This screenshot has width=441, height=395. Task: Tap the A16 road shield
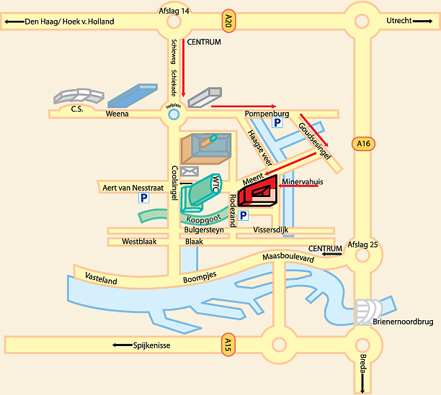(364, 144)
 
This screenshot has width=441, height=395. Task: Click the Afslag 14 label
(174, 11)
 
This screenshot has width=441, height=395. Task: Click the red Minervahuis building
(258, 193)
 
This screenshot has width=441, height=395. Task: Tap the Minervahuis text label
(303, 182)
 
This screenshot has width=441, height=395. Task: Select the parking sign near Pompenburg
(277, 124)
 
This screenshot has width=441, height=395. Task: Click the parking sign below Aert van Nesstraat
(143, 197)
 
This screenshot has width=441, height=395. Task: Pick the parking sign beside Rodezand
(244, 215)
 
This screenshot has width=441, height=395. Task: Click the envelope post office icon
(190, 171)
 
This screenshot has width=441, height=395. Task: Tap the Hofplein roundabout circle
(173, 113)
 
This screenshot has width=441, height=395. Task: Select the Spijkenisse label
(151, 345)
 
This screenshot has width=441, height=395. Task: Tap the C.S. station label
(76, 109)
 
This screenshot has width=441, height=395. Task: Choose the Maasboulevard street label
(288, 257)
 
